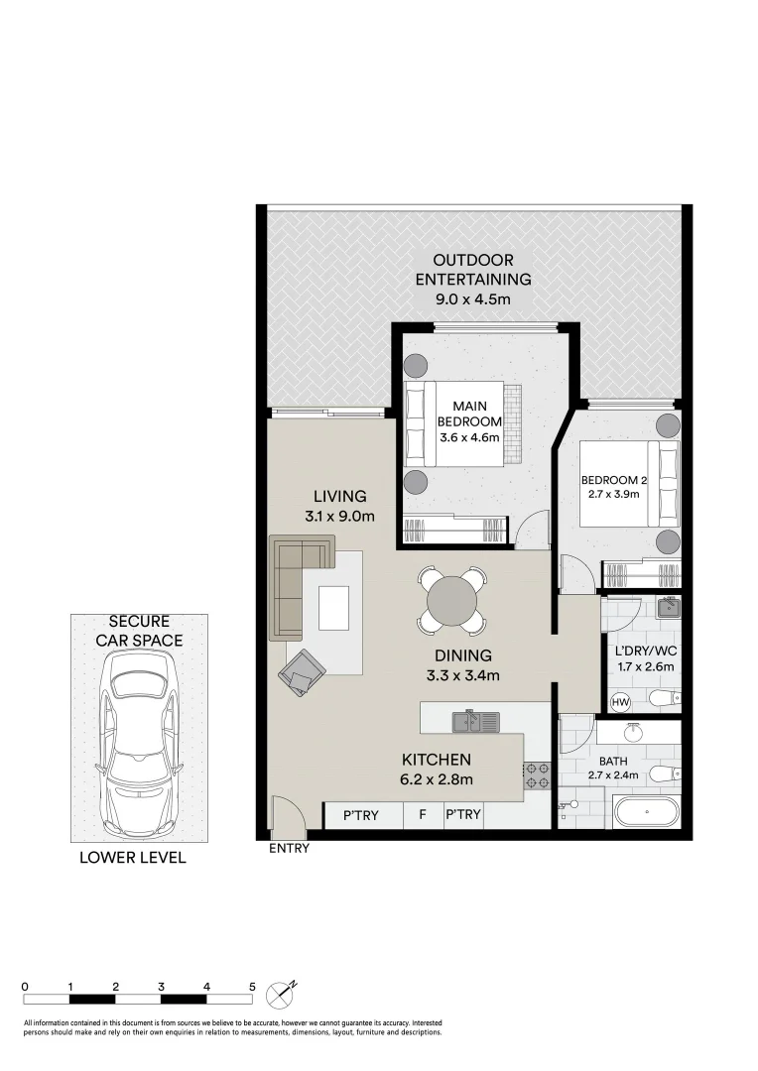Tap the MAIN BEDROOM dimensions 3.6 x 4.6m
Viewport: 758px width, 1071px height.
(467, 436)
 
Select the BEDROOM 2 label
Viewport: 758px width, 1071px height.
(614, 481)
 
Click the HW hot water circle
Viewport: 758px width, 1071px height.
(621, 702)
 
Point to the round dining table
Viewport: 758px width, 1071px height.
(451, 599)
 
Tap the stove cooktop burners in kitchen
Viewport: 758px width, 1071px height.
(538, 774)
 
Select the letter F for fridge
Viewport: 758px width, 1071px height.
(422, 815)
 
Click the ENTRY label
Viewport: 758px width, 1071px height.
(289, 848)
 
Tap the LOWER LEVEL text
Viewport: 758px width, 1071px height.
(132, 858)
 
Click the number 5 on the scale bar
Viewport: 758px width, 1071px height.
(252, 987)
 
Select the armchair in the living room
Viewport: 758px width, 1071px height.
(302, 671)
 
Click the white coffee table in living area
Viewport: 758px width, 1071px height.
(333, 608)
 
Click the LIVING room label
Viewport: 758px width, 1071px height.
(339, 496)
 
